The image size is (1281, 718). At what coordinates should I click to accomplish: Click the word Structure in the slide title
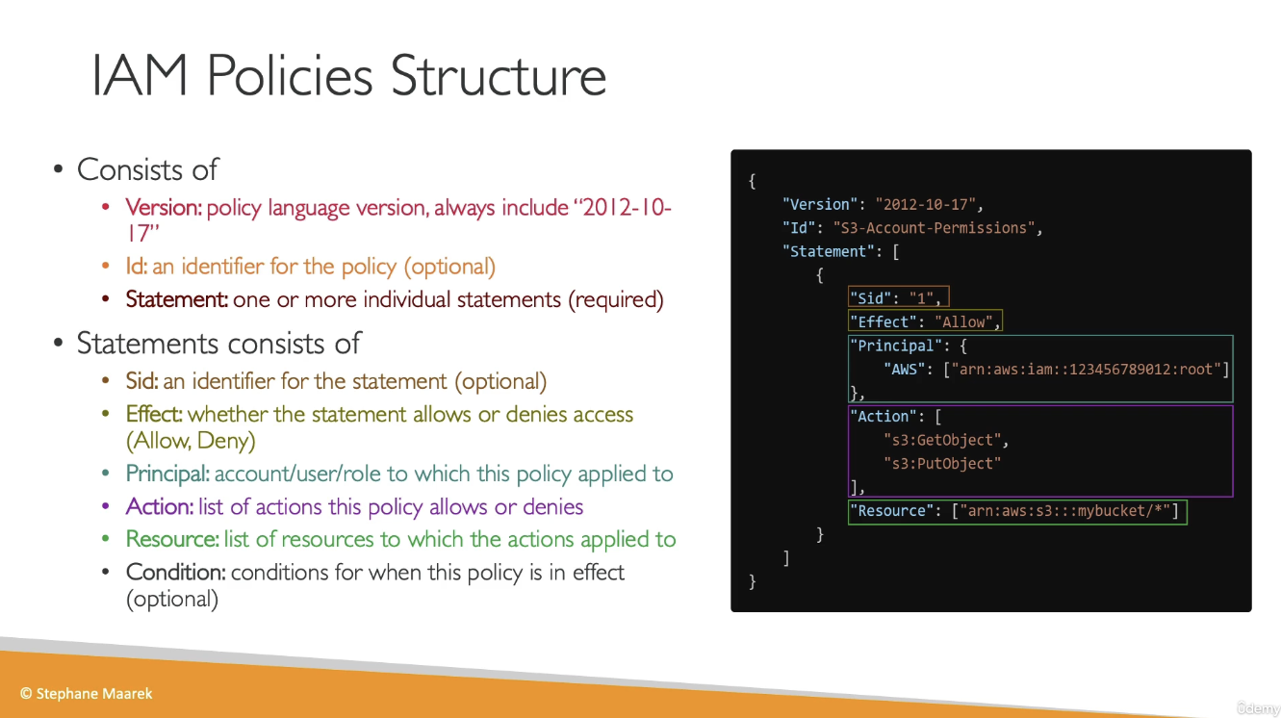(499, 75)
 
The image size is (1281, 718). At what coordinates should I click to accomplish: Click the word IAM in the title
(140, 75)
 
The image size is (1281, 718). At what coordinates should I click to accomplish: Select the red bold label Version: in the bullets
(164, 207)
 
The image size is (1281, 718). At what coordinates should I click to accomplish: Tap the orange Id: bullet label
(136, 266)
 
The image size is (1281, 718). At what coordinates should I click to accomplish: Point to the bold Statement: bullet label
(177, 299)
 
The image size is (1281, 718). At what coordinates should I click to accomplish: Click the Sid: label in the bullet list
(141, 381)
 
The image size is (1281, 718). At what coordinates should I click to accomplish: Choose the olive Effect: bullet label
(154, 414)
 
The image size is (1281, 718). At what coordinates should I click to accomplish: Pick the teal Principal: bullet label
(167, 474)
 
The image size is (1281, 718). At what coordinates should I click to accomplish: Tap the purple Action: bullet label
(160, 506)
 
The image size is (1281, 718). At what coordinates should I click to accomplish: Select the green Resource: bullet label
(172, 539)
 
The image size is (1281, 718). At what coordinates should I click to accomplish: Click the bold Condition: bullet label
(175, 572)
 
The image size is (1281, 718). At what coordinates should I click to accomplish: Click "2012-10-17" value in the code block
(925, 204)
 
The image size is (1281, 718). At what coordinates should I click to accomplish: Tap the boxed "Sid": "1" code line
(898, 297)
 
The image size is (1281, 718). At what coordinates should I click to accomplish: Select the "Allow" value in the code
(963, 321)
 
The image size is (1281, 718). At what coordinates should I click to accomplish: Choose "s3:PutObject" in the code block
(942, 463)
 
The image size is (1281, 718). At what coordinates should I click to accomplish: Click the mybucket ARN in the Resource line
(1064, 510)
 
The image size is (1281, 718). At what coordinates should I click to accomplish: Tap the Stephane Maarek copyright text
(87, 693)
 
